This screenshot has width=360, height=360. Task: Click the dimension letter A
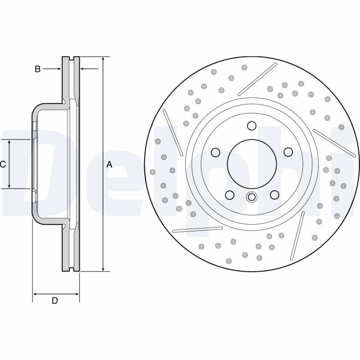click(x=109, y=165)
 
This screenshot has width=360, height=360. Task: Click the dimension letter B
click(x=38, y=69)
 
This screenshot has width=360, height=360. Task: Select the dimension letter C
click(x=3, y=165)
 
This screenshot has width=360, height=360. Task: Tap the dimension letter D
click(x=54, y=301)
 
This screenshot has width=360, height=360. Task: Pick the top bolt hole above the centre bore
click(x=252, y=126)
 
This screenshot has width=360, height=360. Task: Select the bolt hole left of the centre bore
click(x=216, y=153)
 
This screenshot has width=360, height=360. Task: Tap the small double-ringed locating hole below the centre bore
click(x=252, y=197)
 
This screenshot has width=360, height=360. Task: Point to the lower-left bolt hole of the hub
click(x=229, y=195)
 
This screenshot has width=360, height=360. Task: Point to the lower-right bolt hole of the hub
click(x=274, y=194)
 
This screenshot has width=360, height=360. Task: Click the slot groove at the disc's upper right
click(x=257, y=79)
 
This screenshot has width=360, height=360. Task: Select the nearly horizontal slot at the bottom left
click(x=198, y=229)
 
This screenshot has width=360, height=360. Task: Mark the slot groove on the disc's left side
click(x=173, y=132)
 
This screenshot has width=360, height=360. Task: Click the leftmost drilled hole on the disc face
click(x=153, y=172)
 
